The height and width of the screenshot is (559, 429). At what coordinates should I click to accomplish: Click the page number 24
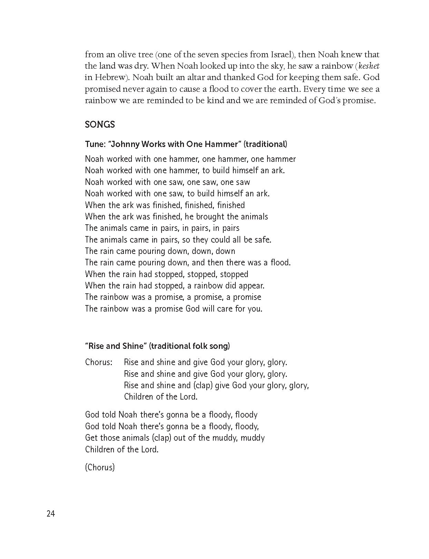[x=50, y=514]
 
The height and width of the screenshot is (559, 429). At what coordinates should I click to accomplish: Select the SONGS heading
[x=100, y=125]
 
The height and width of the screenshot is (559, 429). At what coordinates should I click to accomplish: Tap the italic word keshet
[x=369, y=66]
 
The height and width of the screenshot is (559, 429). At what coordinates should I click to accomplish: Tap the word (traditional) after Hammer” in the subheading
[x=265, y=144]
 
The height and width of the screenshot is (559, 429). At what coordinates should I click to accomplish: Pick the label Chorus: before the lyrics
[x=99, y=362]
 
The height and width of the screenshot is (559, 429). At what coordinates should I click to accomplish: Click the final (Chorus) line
[x=100, y=467]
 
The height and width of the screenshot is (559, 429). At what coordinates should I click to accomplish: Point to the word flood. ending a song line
[x=280, y=263]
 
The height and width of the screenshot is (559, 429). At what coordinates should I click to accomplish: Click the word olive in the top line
[x=127, y=55]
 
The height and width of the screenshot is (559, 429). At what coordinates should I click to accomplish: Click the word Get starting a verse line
[x=91, y=438]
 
